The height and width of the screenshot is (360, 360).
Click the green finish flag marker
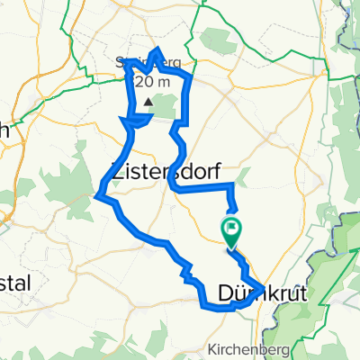pos(231,230)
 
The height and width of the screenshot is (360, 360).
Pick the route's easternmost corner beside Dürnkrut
pos(263,288)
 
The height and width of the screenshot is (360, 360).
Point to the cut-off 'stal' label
pos(15,283)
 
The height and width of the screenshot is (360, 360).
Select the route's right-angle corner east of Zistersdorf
pos(234,185)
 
